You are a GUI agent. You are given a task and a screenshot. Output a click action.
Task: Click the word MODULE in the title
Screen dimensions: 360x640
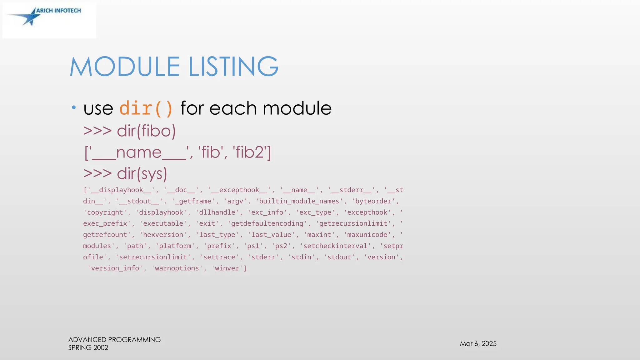[x=125, y=67]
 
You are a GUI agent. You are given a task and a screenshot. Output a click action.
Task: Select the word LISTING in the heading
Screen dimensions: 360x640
[x=233, y=67]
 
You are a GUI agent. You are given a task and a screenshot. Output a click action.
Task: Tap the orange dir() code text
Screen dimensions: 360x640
[x=146, y=108]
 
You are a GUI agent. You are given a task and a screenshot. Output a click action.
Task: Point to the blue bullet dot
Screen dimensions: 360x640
[x=74, y=108]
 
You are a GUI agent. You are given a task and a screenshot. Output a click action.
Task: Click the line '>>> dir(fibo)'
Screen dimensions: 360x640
[x=129, y=131]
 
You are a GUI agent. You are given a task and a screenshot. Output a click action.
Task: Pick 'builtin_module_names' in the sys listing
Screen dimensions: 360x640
[x=299, y=201]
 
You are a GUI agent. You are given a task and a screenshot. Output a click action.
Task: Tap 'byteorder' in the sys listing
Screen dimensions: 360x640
[x=373, y=201]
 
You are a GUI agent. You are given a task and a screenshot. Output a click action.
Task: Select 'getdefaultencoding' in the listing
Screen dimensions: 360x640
[x=267, y=223]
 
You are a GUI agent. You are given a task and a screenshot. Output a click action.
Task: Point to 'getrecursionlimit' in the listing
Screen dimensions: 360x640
[x=353, y=223]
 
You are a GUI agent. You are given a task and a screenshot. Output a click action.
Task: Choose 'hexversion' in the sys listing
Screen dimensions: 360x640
[x=163, y=235]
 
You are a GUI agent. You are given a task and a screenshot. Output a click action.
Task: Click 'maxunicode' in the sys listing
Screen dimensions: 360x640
[x=367, y=235]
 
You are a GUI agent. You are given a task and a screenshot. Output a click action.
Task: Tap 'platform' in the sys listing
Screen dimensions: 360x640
[x=175, y=246]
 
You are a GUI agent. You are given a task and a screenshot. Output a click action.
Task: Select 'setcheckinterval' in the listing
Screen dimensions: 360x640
[x=335, y=246]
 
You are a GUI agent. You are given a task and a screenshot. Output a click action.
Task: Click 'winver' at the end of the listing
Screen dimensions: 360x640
[x=227, y=268]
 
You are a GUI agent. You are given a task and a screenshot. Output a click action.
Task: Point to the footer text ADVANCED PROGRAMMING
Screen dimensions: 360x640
[x=114, y=340]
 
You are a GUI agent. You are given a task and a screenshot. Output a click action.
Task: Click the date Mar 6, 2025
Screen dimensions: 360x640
[x=478, y=344]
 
